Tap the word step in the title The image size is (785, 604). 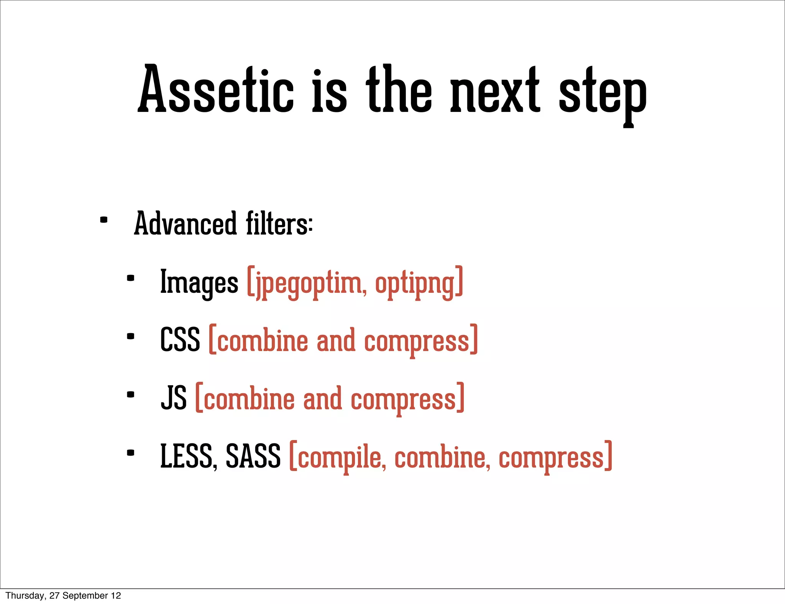point(603,94)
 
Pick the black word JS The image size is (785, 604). point(174,399)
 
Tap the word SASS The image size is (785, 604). point(253,456)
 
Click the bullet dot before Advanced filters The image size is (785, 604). point(103,220)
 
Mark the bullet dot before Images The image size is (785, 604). point(130,278)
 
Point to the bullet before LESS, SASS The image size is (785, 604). point(130,453)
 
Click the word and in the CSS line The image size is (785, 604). point(336,340)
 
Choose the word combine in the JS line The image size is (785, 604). point(249,399)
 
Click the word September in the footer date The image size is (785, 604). point(85,596)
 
